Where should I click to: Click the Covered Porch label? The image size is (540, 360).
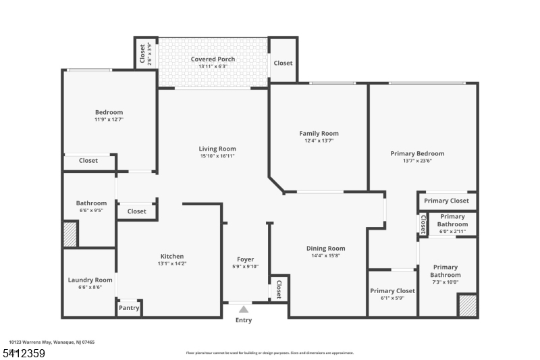point(213,59)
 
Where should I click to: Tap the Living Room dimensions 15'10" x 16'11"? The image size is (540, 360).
point(217,156)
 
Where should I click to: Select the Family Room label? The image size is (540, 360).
point(319,133)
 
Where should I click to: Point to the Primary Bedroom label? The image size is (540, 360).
point(417,153)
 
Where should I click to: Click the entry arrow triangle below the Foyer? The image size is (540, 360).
point(243,309)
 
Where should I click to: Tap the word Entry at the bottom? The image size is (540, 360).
point(243,320)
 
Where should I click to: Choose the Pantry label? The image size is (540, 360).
point(129,308)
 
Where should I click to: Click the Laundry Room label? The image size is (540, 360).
point(90,280)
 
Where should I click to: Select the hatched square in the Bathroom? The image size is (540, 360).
point(70,234)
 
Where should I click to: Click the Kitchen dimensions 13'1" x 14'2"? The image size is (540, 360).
point(171,263)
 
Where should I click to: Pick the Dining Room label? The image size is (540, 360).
point(325,248)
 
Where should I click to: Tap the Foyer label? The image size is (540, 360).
point(245,259)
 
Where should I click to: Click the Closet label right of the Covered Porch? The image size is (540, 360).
point(283,63)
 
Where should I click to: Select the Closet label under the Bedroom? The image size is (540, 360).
point(88,161)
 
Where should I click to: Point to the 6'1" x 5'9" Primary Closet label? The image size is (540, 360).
point(392,291)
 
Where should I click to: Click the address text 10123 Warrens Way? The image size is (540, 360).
point(52,342)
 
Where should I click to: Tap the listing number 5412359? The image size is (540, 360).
point(24,353)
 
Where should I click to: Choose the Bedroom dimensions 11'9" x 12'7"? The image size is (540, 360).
point(109,120)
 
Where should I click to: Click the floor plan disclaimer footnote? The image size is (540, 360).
point(269,353)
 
